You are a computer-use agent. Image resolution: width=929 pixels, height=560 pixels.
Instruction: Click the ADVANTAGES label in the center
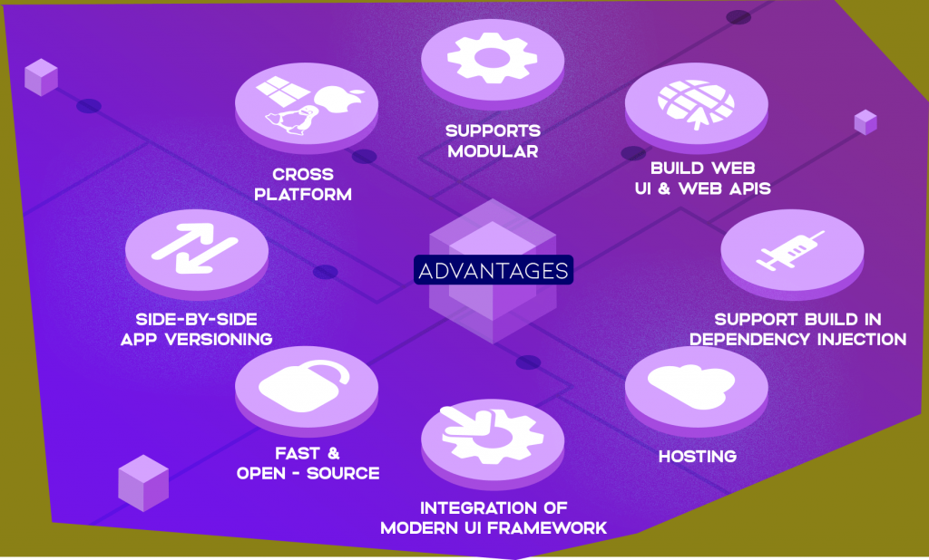pyautogui.click(x=493, y=270)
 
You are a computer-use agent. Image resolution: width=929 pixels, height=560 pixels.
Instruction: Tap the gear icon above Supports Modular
pyautogui.click(x=493, y=58)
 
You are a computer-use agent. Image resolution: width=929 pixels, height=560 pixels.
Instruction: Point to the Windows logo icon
pyautogui.click(x=283, y=90)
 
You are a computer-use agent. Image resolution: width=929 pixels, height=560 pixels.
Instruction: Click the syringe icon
pyautogui.click(x=790, y=251)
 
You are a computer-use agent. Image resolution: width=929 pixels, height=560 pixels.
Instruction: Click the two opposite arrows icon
pyautogui.click(x=195, y=248)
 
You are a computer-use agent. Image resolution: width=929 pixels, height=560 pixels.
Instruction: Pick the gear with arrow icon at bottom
pyautogui.click(x=492, y=435)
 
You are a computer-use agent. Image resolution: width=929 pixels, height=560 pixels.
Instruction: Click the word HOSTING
pyautogui.click(x=698, y=457)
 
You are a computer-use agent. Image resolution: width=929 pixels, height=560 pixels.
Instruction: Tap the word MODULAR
pyautogui.click(x=493, y=151)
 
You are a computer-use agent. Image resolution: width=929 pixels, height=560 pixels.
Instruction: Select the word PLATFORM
pyautogui.click(x=303, y=194)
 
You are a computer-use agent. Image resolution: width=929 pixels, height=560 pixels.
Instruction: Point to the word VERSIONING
pyautogui.click(x=219, y=339)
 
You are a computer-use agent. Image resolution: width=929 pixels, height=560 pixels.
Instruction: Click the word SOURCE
pyautogui.click(x=343, y=474)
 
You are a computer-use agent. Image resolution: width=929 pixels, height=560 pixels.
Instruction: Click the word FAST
pyautogui.click(x=298, y=453)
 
